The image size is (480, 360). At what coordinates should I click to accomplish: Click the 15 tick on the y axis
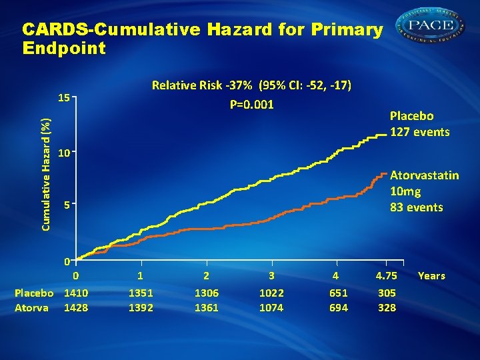coord(64,97)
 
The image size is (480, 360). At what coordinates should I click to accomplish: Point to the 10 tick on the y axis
coord(64,153)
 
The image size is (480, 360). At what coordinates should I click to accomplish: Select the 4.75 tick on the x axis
coord(387,275)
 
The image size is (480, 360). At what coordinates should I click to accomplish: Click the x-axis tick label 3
coord(271,275)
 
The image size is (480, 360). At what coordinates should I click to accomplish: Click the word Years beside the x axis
coord(431,275)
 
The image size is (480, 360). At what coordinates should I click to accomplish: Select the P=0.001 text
coord(252,105)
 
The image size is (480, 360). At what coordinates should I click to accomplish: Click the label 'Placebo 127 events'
coord(419,124)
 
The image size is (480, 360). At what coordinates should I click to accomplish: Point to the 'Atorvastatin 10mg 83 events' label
coord(424,191)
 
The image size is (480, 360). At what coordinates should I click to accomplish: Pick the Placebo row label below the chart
coord(34,293)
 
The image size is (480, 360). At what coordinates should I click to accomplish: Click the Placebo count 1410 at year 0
coord(76,293)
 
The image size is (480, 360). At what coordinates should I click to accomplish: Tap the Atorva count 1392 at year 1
coord(141,307)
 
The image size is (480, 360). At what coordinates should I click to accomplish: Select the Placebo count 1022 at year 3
coord(271,293)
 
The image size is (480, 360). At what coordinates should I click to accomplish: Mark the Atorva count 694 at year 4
coord(339,307)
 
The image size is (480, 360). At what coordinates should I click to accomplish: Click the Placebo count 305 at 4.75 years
coord(387,293)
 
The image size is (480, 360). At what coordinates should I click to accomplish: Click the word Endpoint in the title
coord(64,48)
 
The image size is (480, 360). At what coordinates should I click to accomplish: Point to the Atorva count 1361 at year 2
coord(206,307)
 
